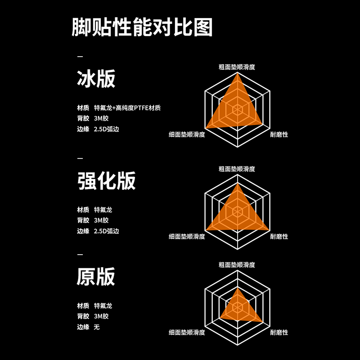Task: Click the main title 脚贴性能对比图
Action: [142, 28]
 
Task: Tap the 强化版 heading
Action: [107, 181]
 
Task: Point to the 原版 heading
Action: [96, 276]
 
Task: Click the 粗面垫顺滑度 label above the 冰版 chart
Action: [237, 67]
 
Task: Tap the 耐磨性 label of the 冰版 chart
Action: [279, 135]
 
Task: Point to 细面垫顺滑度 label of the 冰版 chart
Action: [187, 135]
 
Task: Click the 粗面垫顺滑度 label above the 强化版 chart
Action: [237, 169]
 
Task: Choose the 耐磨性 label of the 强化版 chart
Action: [279, 236]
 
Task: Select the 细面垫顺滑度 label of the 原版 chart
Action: [187, 333]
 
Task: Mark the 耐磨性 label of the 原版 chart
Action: [279, 333]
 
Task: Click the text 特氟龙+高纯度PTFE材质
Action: [127, 108]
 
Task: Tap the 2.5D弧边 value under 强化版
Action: [106, 231]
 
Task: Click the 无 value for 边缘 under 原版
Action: [97, 327]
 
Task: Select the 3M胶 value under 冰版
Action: [101, 119]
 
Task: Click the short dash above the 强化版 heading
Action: [80, 158]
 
